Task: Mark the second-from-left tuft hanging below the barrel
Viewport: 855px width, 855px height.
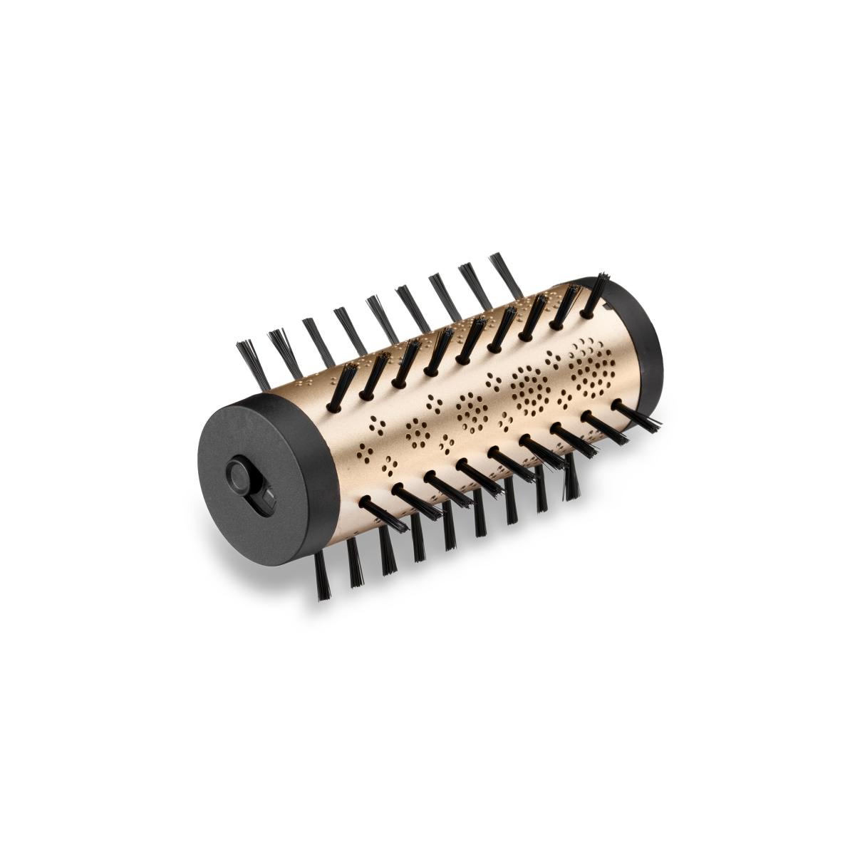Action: [354, 563]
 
